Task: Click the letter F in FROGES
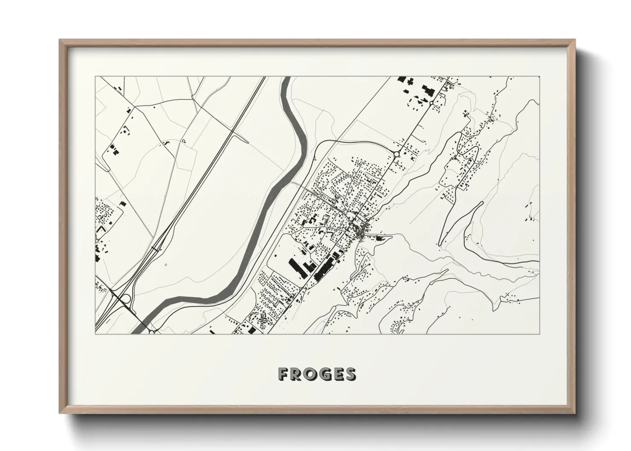[283, 374]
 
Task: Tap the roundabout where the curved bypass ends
[396, 154]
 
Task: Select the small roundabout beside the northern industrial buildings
[431, 103]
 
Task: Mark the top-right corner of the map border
[539, 77]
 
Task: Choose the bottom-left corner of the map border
[95, 333]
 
